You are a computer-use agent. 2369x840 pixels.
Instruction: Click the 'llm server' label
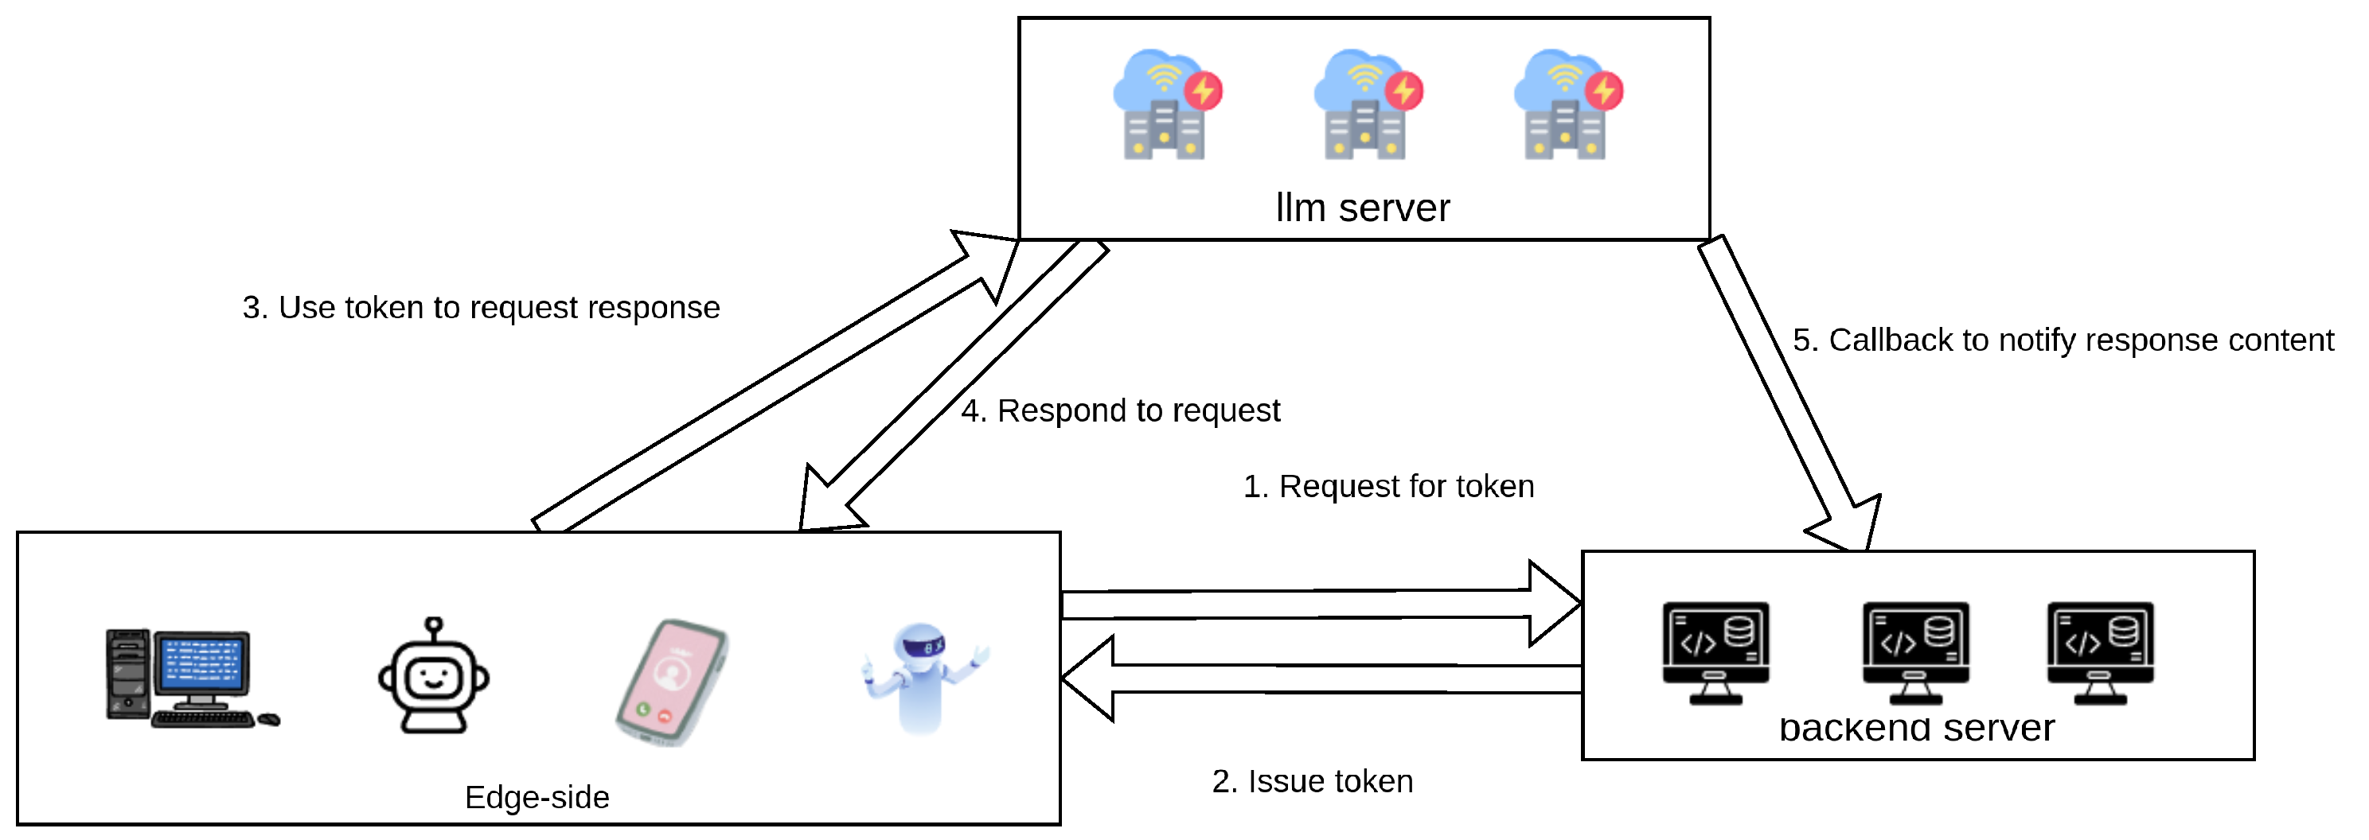tap(1362, 208)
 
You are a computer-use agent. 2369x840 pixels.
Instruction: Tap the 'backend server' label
tap(1917, 728)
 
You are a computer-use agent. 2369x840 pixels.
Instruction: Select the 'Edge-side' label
tap(537, 797)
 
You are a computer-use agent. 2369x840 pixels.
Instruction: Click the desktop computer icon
tap(189, 679)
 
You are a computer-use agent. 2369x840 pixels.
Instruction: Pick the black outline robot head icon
tap(434, 676)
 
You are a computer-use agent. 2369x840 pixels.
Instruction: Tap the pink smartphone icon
tap(671, 682)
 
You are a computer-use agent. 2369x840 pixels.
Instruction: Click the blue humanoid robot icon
tap(923, 679)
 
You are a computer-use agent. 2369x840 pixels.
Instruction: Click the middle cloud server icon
tap(1367, 105)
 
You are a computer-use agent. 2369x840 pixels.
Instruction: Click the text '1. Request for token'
tap(1388, 486)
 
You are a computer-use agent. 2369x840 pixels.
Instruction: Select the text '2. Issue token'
tap(1313, 781)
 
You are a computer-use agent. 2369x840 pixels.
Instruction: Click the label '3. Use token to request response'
tap(481, 308)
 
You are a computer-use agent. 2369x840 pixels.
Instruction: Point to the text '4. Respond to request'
tap(1120, 410)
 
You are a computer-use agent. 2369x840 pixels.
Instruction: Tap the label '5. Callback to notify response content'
tap(2063, 340)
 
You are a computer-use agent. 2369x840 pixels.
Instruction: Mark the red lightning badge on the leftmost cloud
tap(1203, 90)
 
